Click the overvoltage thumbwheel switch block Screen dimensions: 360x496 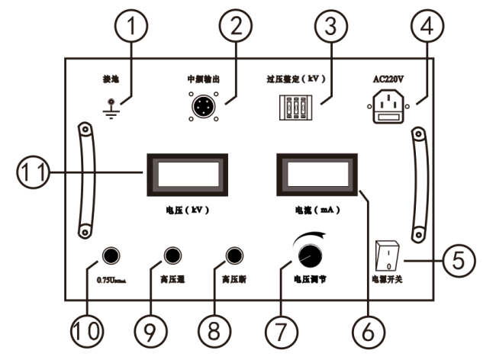293,108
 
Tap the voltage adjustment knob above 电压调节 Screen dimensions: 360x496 310,255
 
